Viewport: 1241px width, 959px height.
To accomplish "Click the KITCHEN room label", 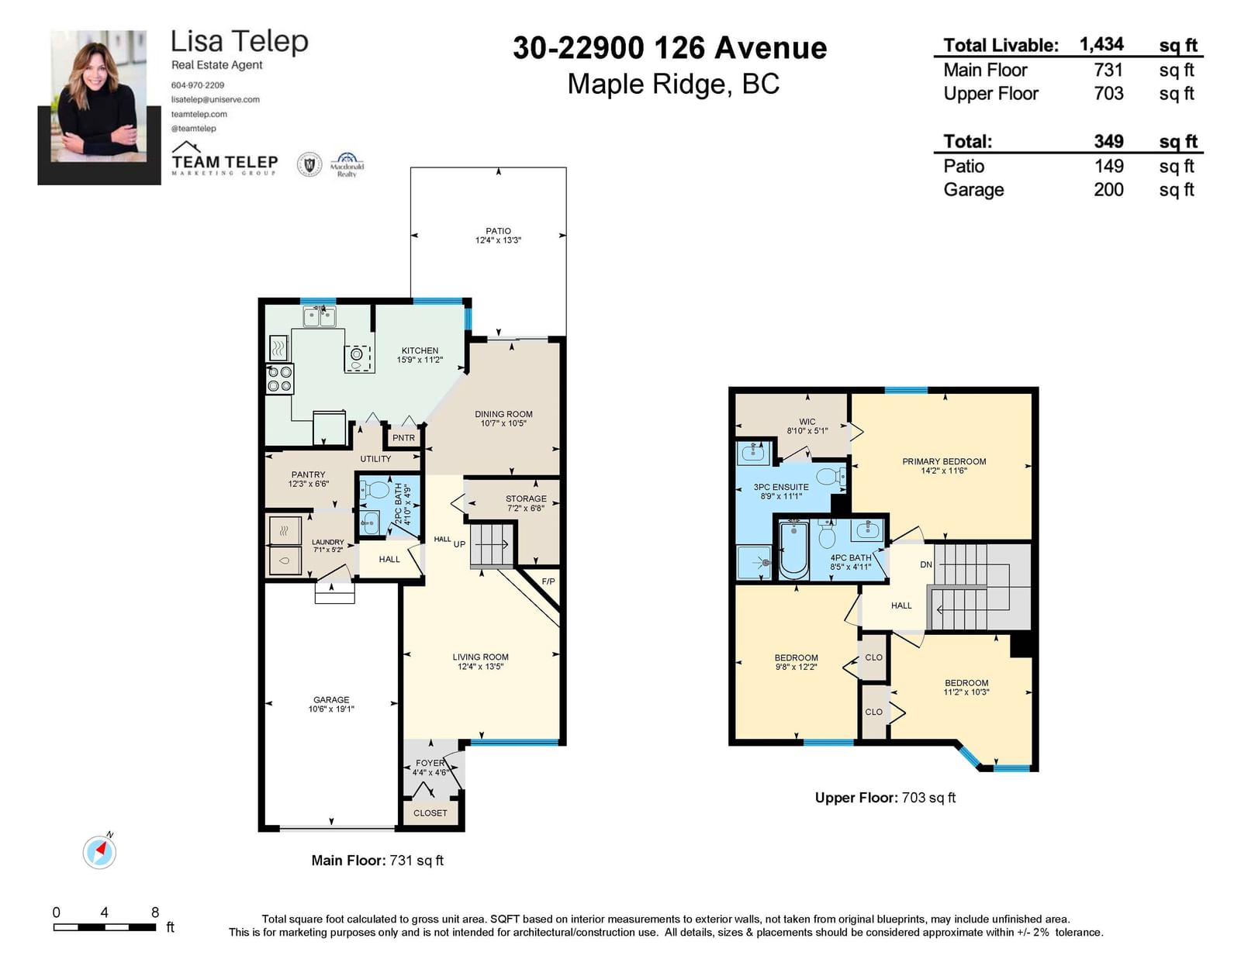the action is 420,350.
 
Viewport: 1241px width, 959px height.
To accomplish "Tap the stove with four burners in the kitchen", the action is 280,379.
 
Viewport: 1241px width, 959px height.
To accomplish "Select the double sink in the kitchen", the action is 320,316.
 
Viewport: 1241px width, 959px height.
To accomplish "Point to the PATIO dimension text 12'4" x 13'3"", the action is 498,240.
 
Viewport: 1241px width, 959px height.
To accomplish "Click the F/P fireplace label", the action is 548,581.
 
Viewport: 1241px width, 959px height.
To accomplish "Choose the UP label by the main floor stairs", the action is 459,544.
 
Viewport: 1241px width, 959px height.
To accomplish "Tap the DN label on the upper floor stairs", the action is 926,564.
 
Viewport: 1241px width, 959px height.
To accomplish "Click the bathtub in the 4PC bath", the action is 793,549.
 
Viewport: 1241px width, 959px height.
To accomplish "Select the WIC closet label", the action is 807,422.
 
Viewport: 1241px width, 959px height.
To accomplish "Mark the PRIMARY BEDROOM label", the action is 944,461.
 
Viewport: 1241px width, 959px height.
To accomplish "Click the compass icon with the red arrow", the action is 99,852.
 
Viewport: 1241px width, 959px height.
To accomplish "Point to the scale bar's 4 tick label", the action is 104,912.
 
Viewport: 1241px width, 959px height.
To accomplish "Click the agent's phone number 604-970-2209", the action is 198,85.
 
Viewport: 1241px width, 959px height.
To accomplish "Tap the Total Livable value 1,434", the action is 1101,44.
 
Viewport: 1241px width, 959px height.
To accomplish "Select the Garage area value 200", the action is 1108,189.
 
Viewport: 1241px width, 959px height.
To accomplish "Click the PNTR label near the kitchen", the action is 403,438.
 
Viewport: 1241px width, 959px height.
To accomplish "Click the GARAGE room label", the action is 331,700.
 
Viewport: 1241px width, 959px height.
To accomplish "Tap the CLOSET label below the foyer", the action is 430,813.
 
